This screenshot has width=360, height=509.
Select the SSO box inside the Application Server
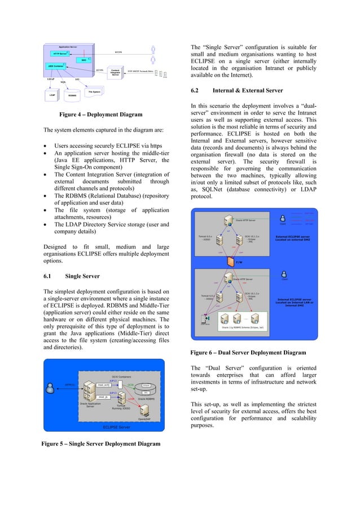tap(84, 60)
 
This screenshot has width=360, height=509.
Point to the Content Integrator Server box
tap(115, 73)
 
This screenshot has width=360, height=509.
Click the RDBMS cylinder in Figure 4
tap(72, 95)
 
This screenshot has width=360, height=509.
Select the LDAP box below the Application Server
tap(51, 95)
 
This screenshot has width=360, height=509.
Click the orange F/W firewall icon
tap(229, 261)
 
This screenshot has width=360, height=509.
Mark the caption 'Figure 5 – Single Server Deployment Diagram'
tap(101, 444)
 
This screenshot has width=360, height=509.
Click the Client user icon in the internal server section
tap(284, 273)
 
